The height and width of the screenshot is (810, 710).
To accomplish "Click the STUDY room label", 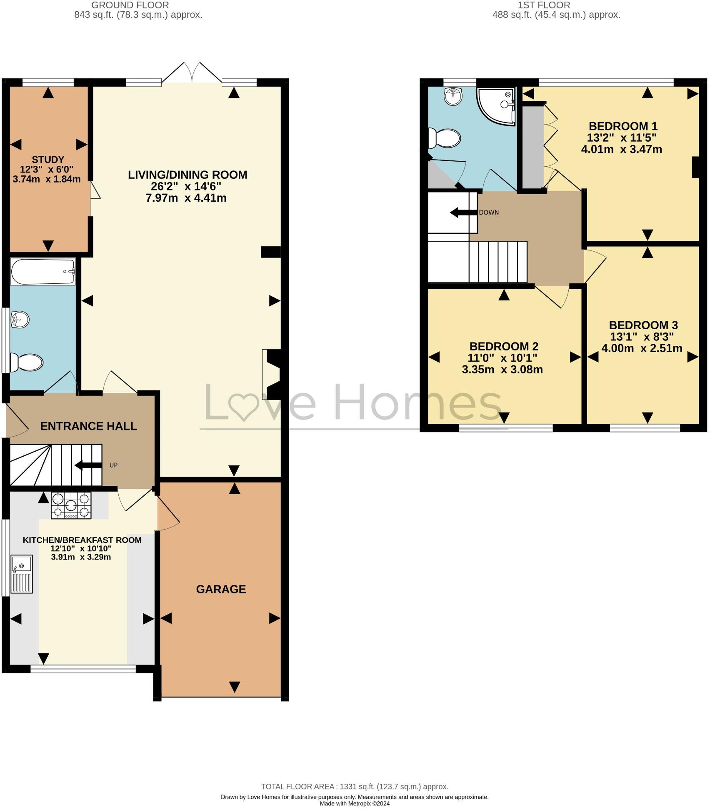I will click(x=48, y=160).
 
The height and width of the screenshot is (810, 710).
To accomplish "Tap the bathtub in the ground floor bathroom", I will click(x=43, y=271).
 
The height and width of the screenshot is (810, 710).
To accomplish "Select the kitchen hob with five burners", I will click(x=71, y=505).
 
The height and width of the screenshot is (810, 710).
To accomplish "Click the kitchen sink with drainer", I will click(x=22, y=574).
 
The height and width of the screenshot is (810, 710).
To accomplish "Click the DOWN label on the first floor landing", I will click(x=488, y=212).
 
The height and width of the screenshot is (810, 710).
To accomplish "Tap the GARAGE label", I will click(x=221, y=589).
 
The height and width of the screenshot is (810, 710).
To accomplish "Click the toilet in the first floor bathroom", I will click(x=445, y=138).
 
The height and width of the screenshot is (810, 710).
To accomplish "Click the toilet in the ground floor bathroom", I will click(x=27, y=362).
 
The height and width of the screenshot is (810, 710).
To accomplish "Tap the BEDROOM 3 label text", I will click(x=643, y=325).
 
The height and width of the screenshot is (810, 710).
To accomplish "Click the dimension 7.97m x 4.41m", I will click(x=186, y=198).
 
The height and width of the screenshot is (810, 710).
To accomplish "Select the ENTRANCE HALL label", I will click(x=88, y=426).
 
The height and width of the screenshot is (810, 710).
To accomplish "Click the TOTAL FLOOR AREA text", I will click(x=355, y=787).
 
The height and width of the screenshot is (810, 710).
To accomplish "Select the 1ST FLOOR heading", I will click(x=544, y=5).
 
